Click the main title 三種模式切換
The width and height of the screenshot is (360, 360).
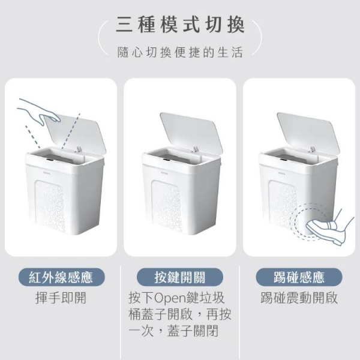(x=180, y=25)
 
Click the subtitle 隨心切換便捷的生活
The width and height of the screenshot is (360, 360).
(x=180, y=53)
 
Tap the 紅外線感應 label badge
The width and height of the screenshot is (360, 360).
(x=61, y=277)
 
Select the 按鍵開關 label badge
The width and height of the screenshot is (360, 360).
(x=179, y=277)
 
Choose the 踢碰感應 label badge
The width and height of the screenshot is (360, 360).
(x=299, y=277)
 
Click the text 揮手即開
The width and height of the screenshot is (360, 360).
(x=61, y=298)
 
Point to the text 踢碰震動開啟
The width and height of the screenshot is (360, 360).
(x=299, y=298)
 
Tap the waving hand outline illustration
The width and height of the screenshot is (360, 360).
(x=38, y=112)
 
